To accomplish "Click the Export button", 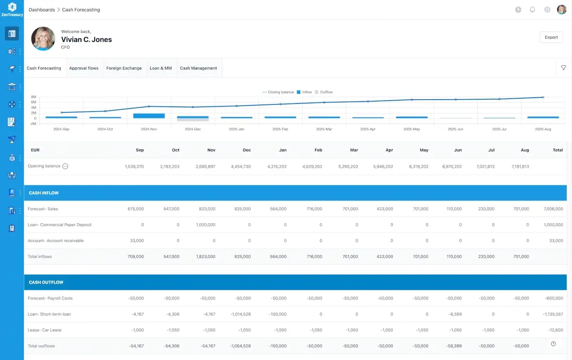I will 551,37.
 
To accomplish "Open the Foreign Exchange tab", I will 124,68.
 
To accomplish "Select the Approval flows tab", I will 84,68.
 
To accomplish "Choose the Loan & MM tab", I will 161,68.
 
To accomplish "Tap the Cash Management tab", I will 198,68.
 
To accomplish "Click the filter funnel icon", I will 563,68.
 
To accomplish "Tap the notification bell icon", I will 532,10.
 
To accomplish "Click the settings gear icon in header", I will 547,10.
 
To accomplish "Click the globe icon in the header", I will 518,10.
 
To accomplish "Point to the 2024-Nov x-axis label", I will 149,129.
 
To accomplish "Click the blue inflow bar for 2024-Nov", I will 149,116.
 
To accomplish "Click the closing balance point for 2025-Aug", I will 543,97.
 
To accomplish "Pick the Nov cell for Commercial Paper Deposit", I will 205,225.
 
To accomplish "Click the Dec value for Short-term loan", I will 241,314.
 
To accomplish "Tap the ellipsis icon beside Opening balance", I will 66,166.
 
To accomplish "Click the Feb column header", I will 318,150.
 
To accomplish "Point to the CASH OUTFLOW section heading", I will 46,282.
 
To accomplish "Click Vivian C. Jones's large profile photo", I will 43,39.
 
